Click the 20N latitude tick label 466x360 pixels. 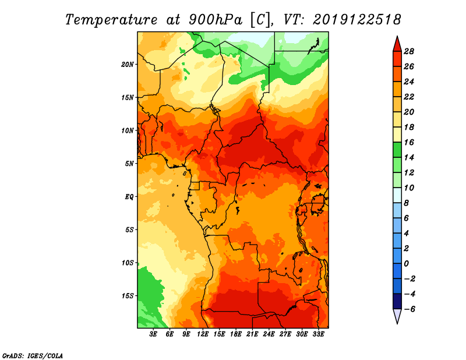point(128,64)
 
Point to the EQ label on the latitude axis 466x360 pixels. point(129,196)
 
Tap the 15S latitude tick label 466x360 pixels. point(128,296)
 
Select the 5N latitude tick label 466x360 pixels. point(129,164)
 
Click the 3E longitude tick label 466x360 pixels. point(153,334)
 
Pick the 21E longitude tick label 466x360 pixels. point(252,334)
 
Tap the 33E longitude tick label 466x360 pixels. point(318,334)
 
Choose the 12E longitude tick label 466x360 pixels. point(203,334)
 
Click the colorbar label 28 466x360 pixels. point(409,51)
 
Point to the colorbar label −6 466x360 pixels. point(409,309)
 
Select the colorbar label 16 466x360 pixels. point(409,142)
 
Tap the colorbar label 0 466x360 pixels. point(406,264)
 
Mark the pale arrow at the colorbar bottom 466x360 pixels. point(397,316)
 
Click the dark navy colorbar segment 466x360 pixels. point(397,301)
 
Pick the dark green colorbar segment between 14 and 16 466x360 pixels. point(397,150)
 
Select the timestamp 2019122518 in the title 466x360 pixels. point(356,20)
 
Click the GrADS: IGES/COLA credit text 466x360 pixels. point(33,356)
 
